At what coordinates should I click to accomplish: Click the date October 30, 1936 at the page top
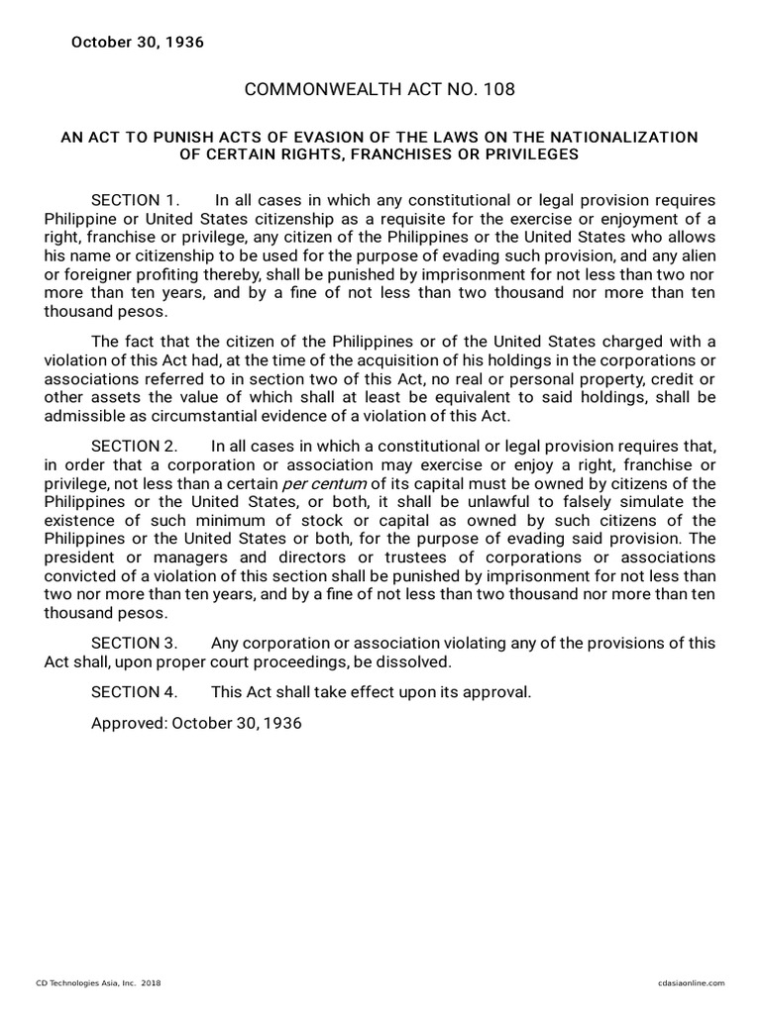coord(137,43)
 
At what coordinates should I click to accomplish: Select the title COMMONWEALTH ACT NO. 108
coord(380,90)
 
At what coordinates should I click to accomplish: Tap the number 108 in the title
coord(499,90)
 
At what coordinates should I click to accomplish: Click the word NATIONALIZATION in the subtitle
coord(623,137)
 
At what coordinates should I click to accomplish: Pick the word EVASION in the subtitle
coord(293,137)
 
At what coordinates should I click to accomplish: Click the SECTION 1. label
coord(135,201)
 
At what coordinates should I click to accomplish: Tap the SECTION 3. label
coord(135,643)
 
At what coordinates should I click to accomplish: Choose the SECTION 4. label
coord(135,692)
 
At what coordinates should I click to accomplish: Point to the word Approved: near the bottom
coord(129,723)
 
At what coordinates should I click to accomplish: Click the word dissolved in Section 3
coord(417,661)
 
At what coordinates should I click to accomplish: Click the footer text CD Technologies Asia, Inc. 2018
coord(98,982)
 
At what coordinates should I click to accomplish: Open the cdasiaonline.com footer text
coord(691,982)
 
